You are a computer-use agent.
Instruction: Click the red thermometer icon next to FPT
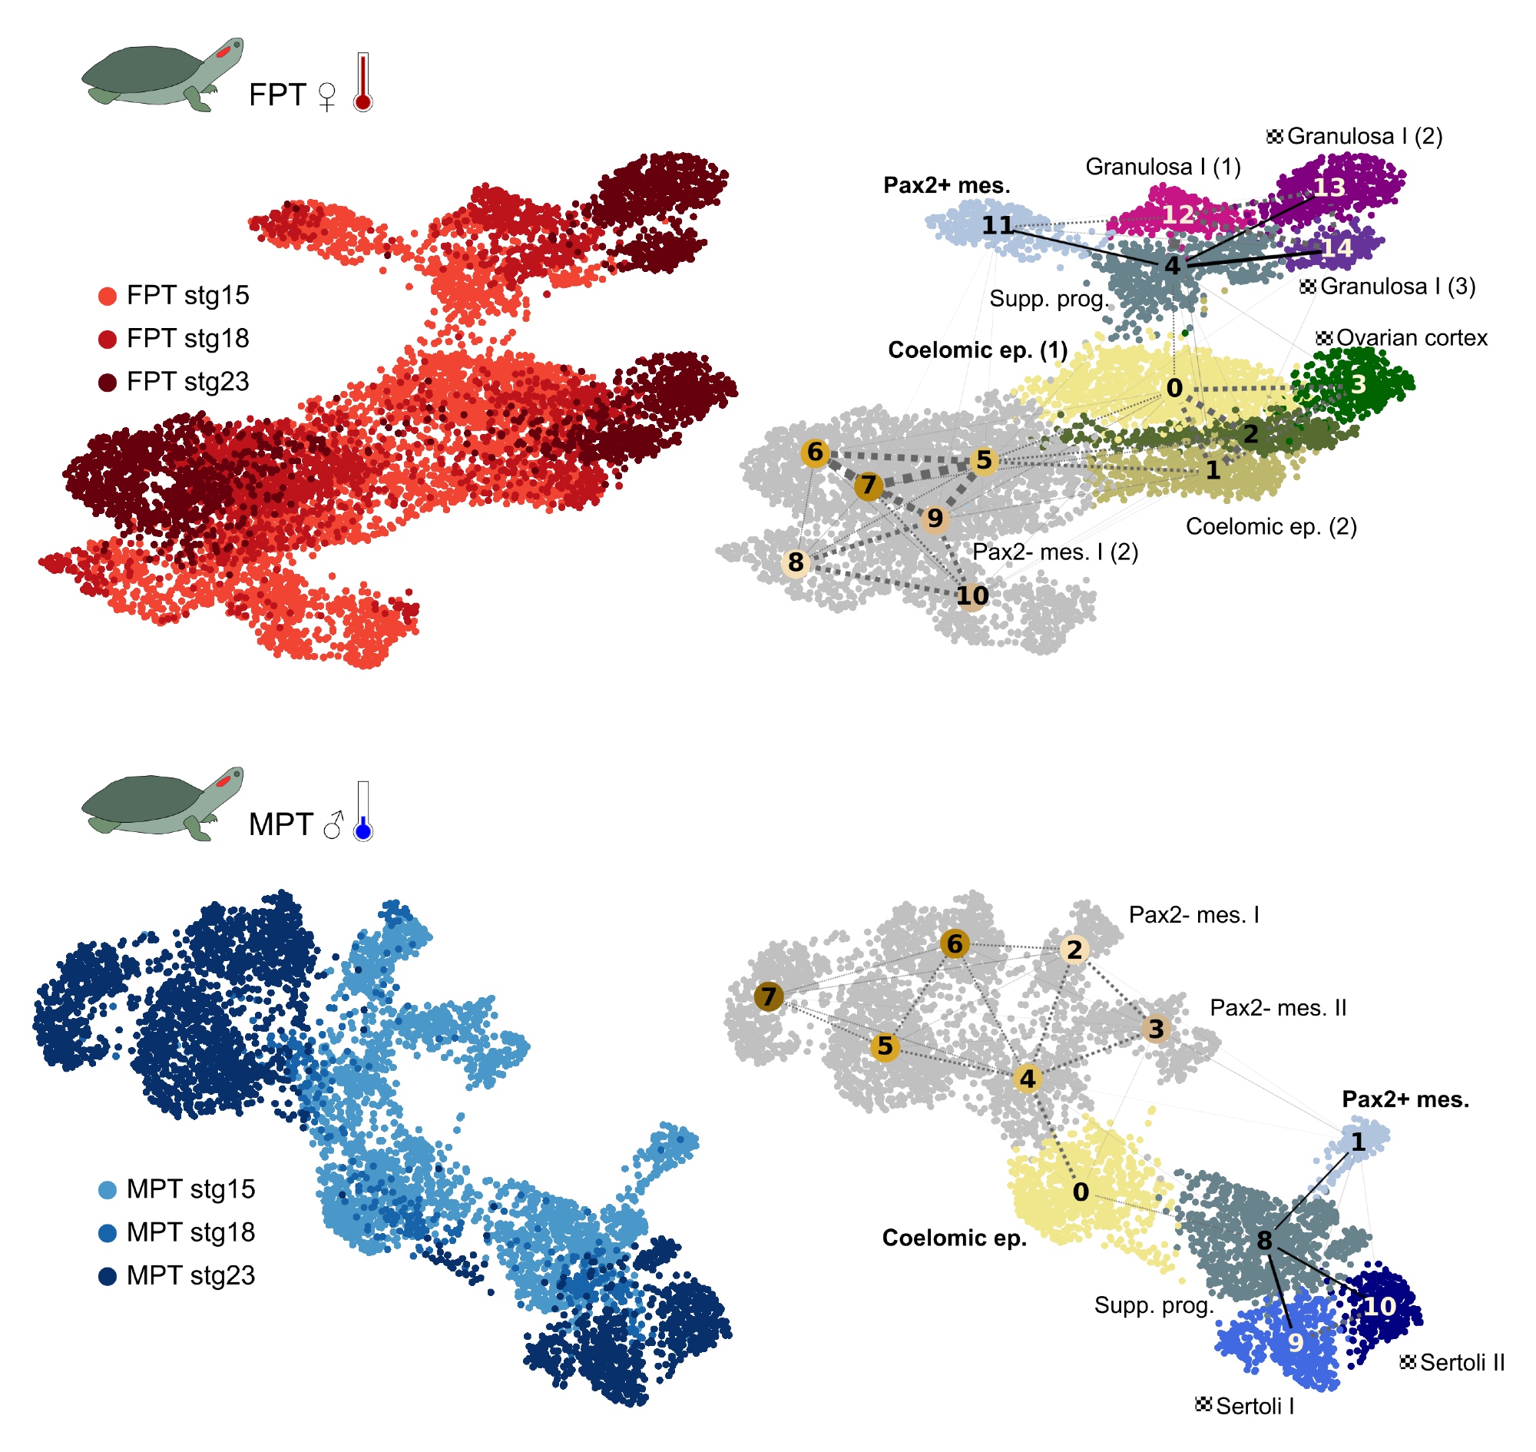(363, 83)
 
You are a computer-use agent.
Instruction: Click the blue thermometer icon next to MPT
(363, 813)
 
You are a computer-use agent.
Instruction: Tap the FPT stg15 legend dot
(108, 297)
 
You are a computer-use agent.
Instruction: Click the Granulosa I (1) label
(1164, 167)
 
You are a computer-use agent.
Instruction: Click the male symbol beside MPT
(333, 826)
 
